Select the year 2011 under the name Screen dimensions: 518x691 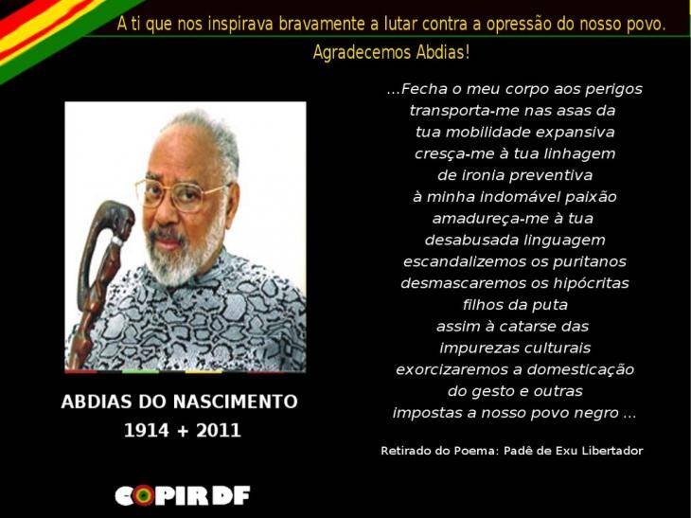click(x=219, y=431)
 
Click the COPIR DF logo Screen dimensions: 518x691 click(x=182, y=494)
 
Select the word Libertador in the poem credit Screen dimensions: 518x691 click(x=612, y=451)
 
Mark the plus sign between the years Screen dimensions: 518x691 click(x=182, y=431)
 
